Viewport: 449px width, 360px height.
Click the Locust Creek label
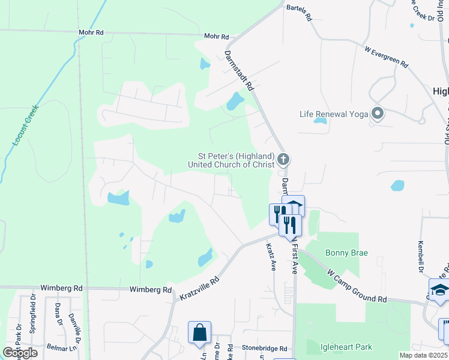(25, 125)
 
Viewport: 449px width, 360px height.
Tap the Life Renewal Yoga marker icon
(378, 113)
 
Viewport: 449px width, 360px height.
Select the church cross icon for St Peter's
(284, 160)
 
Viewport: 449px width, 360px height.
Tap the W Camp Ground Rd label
(357, 286)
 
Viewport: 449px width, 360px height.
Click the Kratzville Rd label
(200, 287)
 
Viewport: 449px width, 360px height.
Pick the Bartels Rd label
(300, 13)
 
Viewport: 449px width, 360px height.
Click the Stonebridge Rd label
(265, 348)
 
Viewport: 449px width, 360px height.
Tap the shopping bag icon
(199, 331)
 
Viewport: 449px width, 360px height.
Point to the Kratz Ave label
(270, 256)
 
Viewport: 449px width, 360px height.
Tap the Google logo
(20, 353)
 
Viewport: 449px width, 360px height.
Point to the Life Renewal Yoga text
(334, 114)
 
